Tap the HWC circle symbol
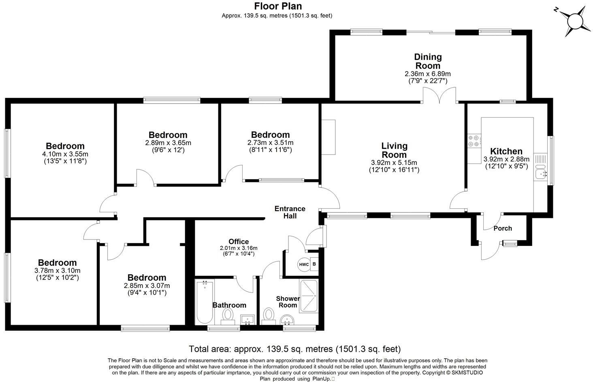tap(304, 265)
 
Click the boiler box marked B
tap(314, 265)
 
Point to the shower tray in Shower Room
tap(309, 296)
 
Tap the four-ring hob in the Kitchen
tap(474, 140)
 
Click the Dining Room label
tap(428, 61)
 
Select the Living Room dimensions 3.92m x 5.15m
tap(394, 163)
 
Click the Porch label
tap(503, 228)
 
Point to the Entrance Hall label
tap(290, 212)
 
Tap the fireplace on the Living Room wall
tap(328, 137)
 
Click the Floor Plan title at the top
tap(278, 6)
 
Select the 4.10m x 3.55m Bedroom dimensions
tap(65, 154)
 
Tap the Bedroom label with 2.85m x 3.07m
tap(147, 277)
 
